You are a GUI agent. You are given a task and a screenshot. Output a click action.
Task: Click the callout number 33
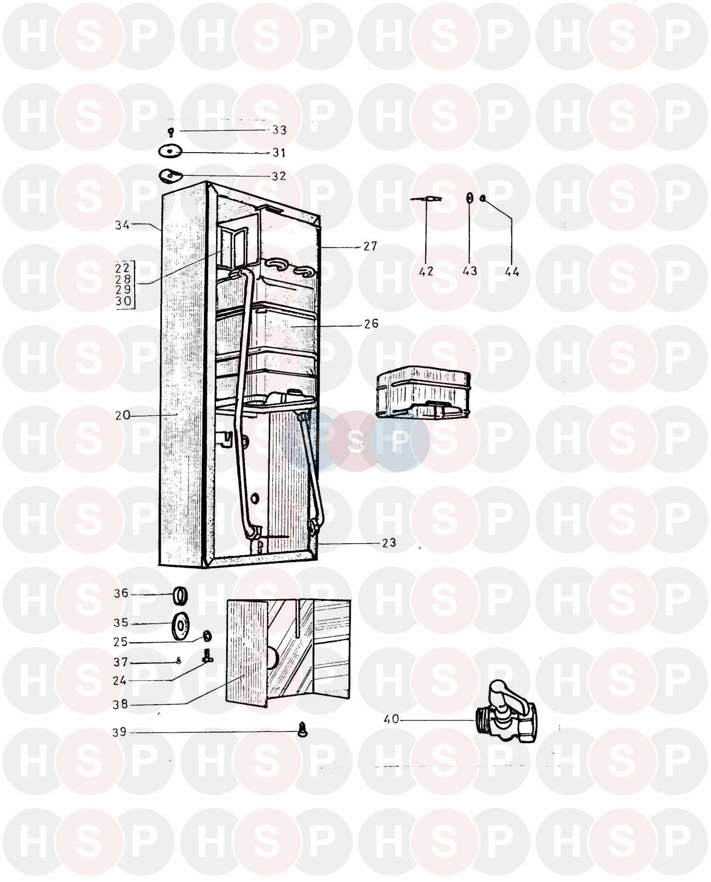pos(279,130)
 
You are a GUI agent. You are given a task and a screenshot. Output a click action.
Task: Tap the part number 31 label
pos(278,153)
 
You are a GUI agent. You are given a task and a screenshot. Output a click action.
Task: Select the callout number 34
pos(122,225)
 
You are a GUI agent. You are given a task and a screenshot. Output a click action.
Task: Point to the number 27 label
pos(370,246)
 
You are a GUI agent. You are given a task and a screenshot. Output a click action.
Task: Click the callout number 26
pos(371,324)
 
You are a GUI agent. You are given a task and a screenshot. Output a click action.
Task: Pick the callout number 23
pos(389,543)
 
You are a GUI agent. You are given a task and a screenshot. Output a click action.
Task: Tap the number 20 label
pos(122,415)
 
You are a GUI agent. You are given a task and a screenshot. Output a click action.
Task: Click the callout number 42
pos(426,271)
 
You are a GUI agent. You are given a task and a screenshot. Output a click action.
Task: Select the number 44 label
pos(512,272)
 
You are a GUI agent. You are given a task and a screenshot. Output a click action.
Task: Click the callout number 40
pos(392,719)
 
